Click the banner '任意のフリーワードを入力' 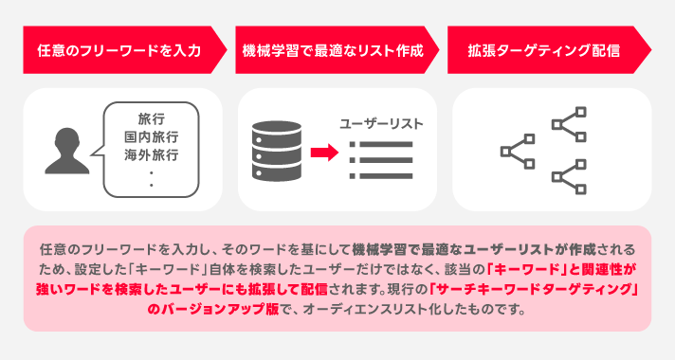(x=119, y=50)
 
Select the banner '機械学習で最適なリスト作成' (x=332, y=50)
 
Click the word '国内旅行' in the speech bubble (x=152, y=136)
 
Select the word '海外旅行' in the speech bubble (x=152, y=153)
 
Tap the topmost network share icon (x=568, y=123)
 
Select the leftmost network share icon (x=517, y=149)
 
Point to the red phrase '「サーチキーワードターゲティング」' (x=532, y=289)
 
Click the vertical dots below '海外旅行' (x=152, y=177)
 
